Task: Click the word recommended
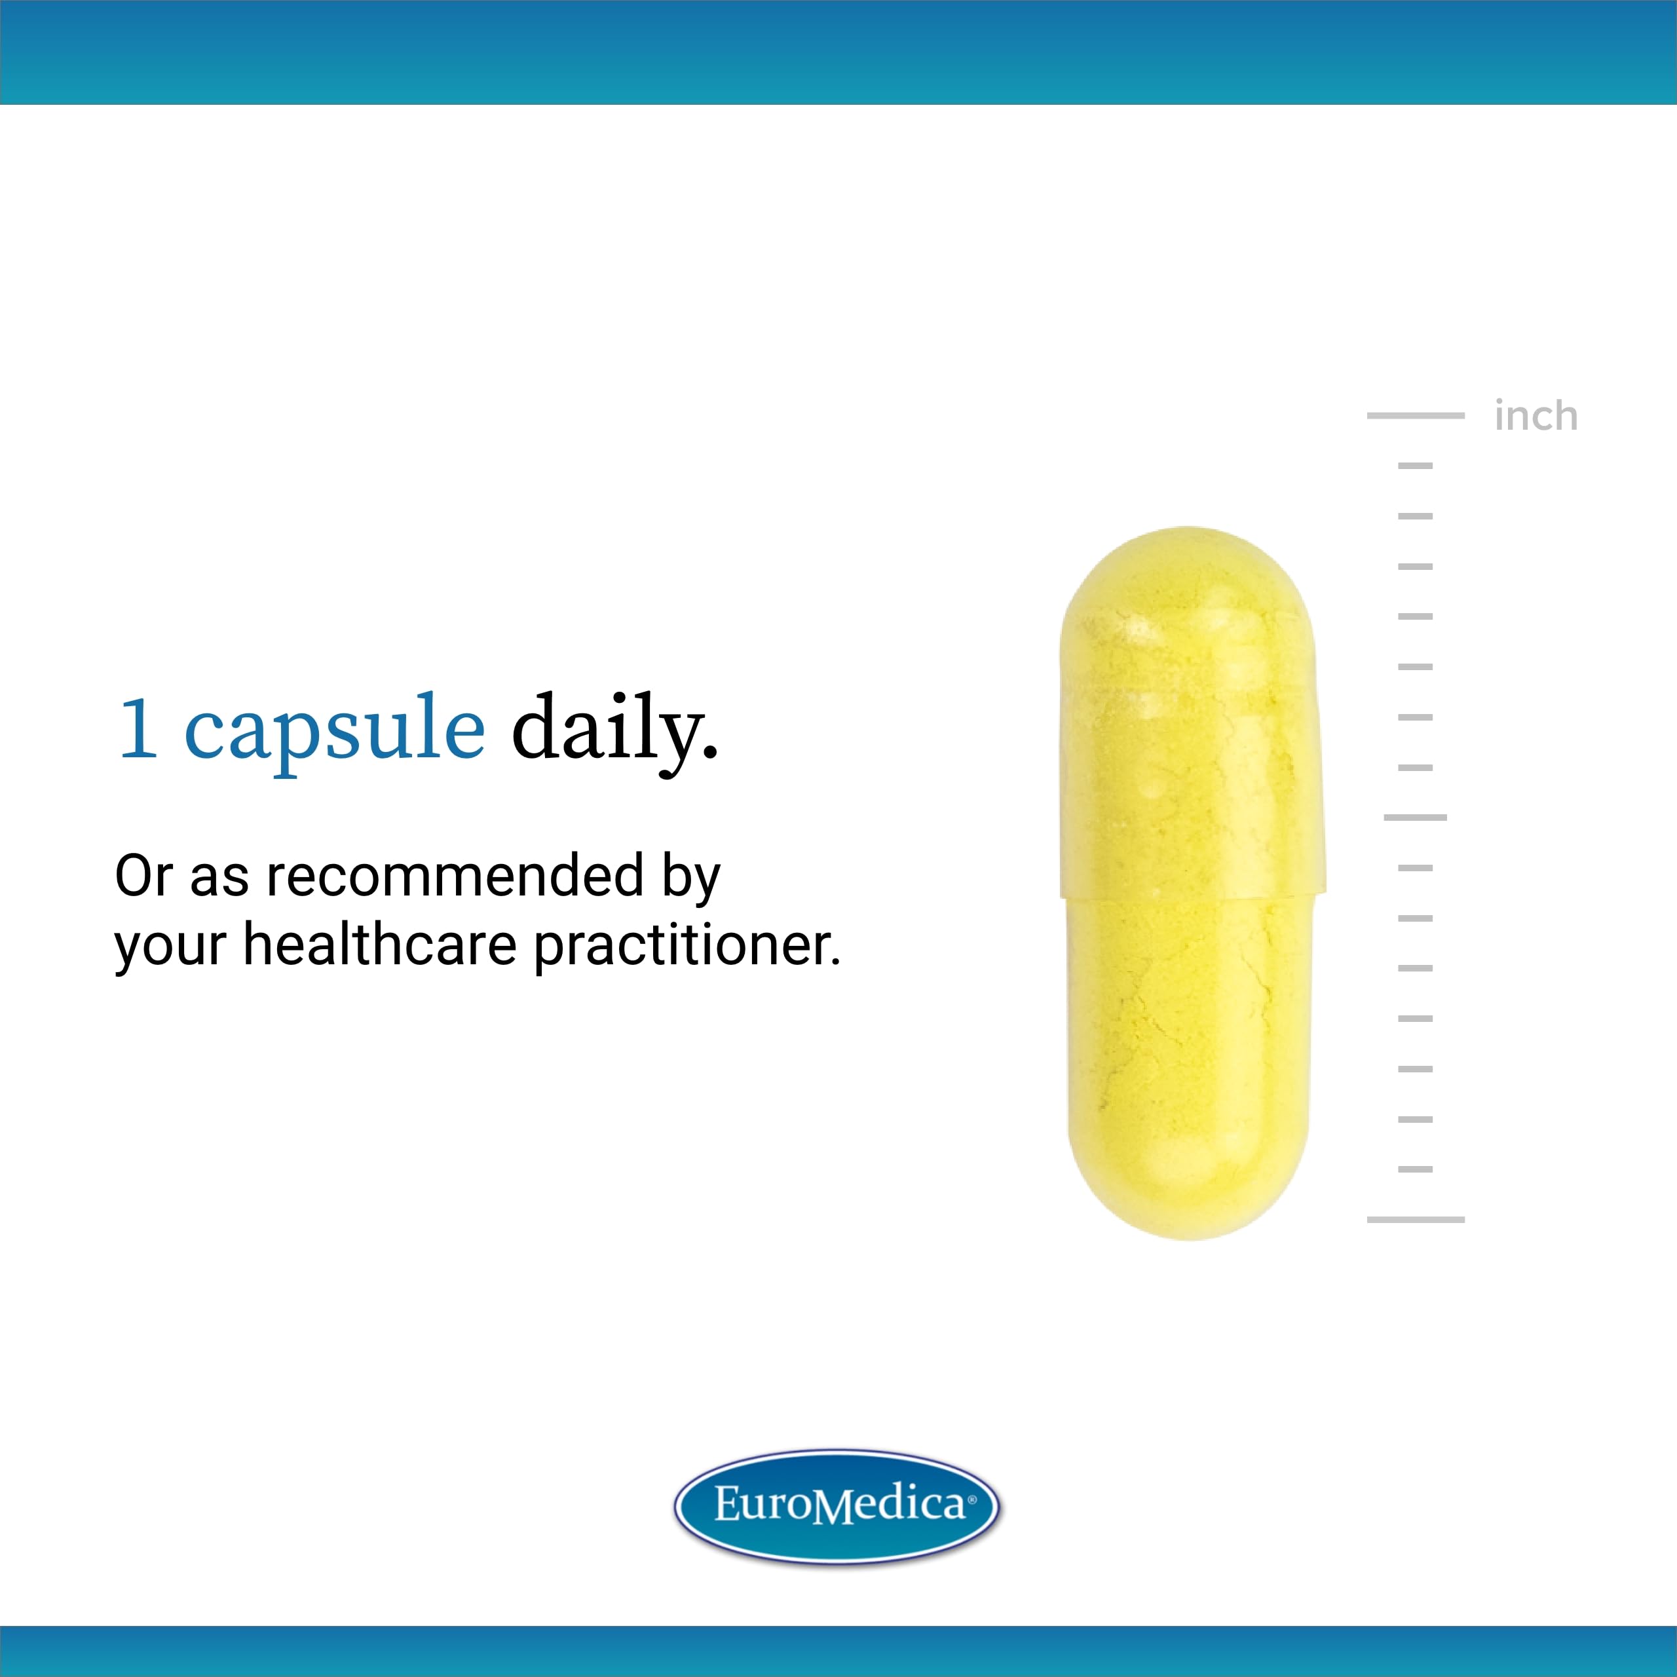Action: tap(455, 876)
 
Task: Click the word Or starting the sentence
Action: tap(144, 876)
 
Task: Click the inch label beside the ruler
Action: tap(1536, 417)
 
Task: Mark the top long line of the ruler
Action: tap(1415, 416)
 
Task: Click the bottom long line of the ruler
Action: tap(1415, 1220)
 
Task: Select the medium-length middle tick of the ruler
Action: tap(1415, 818)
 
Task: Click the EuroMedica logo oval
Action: tap(838, 1508)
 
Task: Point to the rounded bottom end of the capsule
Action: tap(1188, 1207)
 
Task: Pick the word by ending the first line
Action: tap(691, 878)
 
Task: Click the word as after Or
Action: tap(219, 878)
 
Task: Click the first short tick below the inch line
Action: tap(1415, 466)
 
